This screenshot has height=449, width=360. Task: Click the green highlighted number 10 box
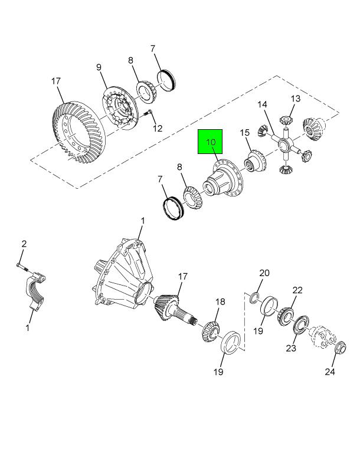click(210, 142)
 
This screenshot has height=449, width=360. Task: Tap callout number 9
click(100, 67)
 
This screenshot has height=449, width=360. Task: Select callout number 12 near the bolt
click(158, 128)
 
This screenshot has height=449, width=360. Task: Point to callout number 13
click(295, 98)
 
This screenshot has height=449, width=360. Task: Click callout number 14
click(262, 105)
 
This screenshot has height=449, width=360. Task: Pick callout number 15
click(245, 133)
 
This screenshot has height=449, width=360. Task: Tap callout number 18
click(220, 301)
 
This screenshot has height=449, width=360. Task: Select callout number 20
click(264, 273)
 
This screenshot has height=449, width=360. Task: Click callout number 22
click(297, 290)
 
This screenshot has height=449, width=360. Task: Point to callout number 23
click(291, 348)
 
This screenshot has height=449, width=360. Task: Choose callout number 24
click(329, 371)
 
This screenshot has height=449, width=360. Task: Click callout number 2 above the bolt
click(24, 244)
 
